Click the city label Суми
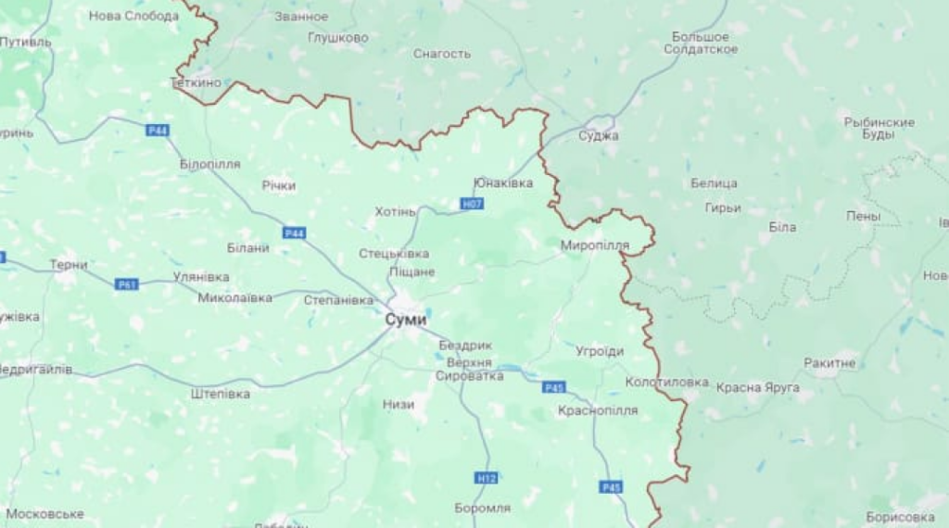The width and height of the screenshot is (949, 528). pyautogui.click(x=406, y=320)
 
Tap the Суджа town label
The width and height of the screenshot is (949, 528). pyautogui.click(x=598, y=135)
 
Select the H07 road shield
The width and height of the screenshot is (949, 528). pyautogui.click(x=472, y=203)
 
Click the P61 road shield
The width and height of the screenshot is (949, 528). pyautogui.click(x=127, y=284)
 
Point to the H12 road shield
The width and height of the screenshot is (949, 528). pyautogui.click(x=487, y=478)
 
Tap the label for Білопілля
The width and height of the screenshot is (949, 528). pyautogui.click(x=210, y=164)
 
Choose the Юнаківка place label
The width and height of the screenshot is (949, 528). pyautogui.click(x=503, y=182)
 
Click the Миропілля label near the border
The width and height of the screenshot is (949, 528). pyautogui.click(x=595, y=245)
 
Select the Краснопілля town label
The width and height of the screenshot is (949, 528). pyautogui.click(x=599, y=410)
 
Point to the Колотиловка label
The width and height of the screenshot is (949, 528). pyautogui.click(x=666, y=382)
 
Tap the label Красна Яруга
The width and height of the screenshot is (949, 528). pyautogui.click(x=757, y=387)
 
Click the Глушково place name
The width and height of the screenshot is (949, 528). pyautogui.click(x=338, y=38)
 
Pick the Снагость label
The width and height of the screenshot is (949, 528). pyautogui.click(x=442, y=54)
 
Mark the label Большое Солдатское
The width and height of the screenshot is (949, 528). pyautogui.click(x=701, y=43)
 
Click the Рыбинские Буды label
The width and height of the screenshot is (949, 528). pyautogui.click(x=879, y=128)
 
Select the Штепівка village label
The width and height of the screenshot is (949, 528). pyautogui.click(x=221, y=394)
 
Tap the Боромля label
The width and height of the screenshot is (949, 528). pyautogui.click(x=483, y=508)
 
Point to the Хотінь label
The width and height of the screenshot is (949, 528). pyautogui.click(x=396, y=212)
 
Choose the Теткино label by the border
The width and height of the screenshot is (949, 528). pyautogui.click(x=197, y=82)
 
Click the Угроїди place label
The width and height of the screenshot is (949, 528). pyautogui.click(x=600, y=351)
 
